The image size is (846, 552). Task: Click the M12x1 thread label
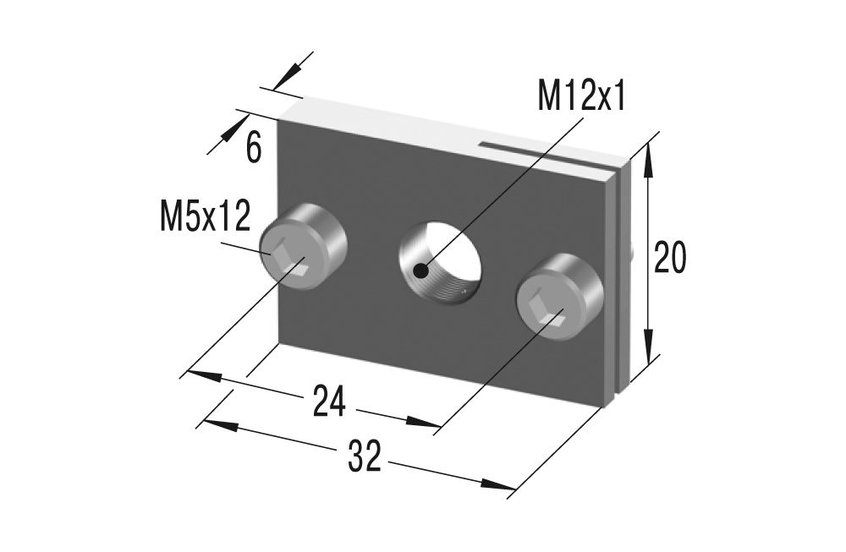[x=582, y=97]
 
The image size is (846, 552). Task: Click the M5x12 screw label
[x=205, y=216]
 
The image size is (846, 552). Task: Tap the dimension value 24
[x=329, y=401]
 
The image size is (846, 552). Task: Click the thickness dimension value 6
[x=254, y=147]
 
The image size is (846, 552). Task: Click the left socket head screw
[x=303, y=250]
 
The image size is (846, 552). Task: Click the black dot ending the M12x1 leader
[x=420, y=271]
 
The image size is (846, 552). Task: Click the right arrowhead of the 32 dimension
[x=504, y=485]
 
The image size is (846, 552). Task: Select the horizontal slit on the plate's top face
[x=550, y=153]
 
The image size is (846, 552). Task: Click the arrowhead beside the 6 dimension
[x=229, y=132]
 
